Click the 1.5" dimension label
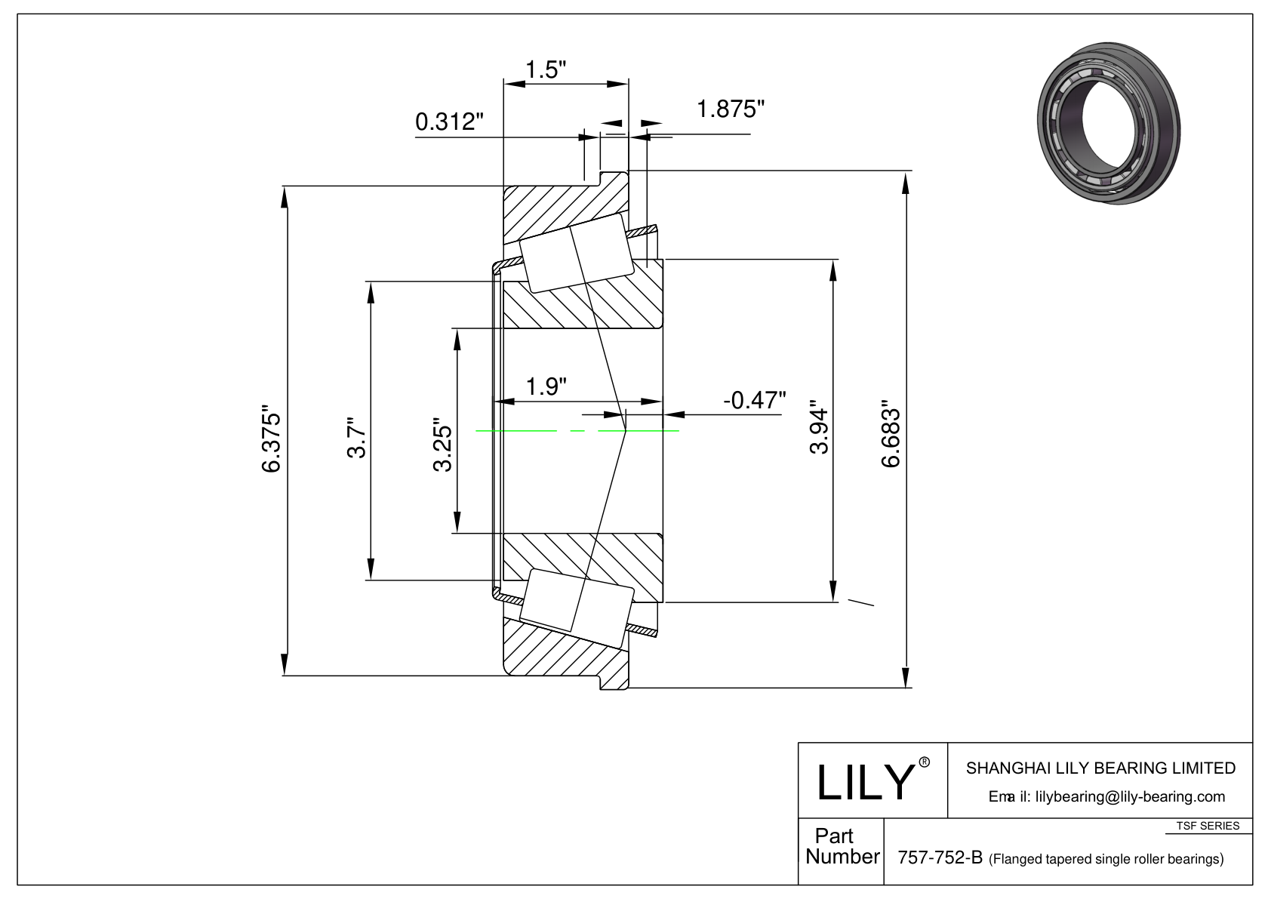tap(546, 69)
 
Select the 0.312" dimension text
tap(449, 122)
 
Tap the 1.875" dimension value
tap(731, 109)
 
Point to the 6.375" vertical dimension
tap(271, 439)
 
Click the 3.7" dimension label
tap(358, 438)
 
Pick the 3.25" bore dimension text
tap(443, 445)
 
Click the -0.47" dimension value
tap(754, 400)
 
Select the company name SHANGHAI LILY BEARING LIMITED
tap(1100, 768)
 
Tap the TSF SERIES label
tap(1208, 826)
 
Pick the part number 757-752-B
tap(940, 857)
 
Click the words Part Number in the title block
tap(842, 845)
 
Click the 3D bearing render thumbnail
tap(1108, 123)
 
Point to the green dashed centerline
tap(577, 431)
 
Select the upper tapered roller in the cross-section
tap(576, 253)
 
